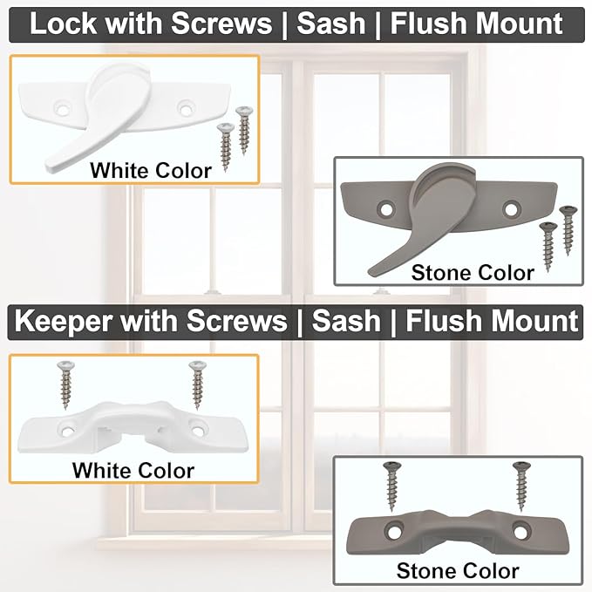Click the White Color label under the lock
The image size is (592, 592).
(x=150, y=170)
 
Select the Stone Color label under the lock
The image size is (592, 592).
(x=472, y=272)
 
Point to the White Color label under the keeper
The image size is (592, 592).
(x=133, y=471)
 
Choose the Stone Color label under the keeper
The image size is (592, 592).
(x=457, y=571)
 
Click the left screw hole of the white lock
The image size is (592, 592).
(x=62, y=107)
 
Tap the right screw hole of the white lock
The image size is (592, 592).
(x=184, y=106)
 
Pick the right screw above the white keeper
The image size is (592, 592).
(x=196, y=384)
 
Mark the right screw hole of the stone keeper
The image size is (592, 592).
(x=521, y=530)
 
